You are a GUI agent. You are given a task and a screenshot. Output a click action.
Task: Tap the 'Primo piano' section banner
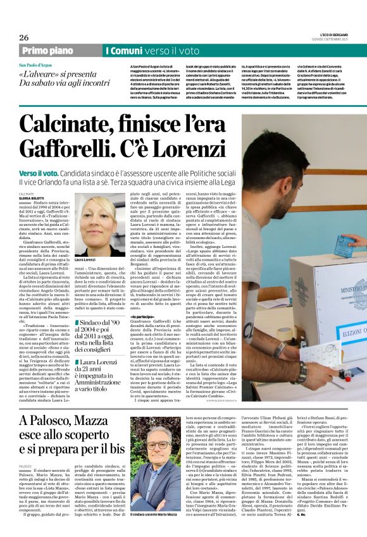coord(47,51)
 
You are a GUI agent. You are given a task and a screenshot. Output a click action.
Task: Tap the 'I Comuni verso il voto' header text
coord(152,51)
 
